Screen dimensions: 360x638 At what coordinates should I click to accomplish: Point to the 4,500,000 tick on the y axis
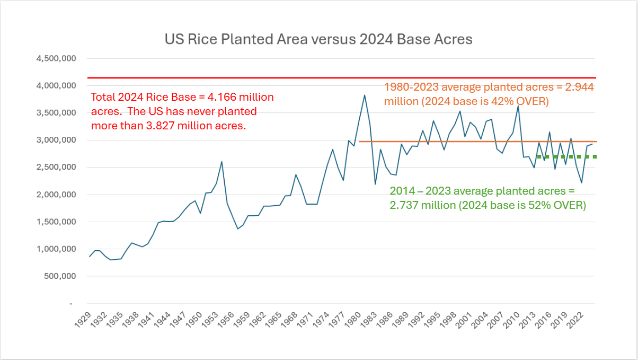tap(57, 58)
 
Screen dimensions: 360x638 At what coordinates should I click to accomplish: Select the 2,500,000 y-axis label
tap(57, 168)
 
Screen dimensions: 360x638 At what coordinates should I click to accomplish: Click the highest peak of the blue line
tap(365, 95)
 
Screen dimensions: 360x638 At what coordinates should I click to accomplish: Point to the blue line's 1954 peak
tap(221, 161)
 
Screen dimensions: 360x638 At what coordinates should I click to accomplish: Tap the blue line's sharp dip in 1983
tap(375, 184)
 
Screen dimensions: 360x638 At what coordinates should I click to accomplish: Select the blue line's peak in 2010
tap(518, 106)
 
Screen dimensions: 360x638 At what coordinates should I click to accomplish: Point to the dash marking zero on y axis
tap(70, 304)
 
